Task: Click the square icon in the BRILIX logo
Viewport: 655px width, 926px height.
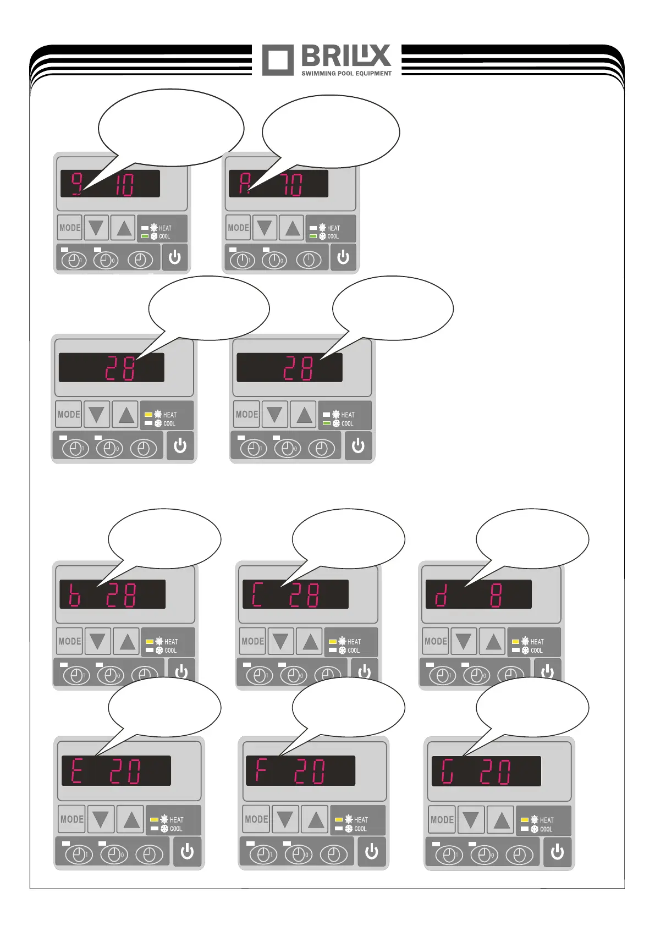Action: point(278,60)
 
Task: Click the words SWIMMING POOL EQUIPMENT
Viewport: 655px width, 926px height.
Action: point(346,73)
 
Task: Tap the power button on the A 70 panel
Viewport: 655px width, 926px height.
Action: point(343,257)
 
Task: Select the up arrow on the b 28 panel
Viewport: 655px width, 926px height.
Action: point(128,641)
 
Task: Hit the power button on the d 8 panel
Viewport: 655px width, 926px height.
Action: point(547,671)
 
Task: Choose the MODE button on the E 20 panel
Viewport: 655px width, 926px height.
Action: point(72,819)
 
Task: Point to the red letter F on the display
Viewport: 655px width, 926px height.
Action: point(261,770)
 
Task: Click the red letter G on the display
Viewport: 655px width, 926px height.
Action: point(447,771)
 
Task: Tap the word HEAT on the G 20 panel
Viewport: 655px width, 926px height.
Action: point(547,820)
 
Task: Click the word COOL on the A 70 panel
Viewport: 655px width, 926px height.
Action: point(333,236)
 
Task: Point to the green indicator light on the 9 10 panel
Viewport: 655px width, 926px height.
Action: point(145,236)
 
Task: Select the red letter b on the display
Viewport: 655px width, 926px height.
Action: point(74,595)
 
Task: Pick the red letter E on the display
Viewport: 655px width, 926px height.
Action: point(76,770)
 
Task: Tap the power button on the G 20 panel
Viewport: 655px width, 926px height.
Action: point(557,852)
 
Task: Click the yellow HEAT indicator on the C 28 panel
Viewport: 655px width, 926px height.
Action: point(332,642)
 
